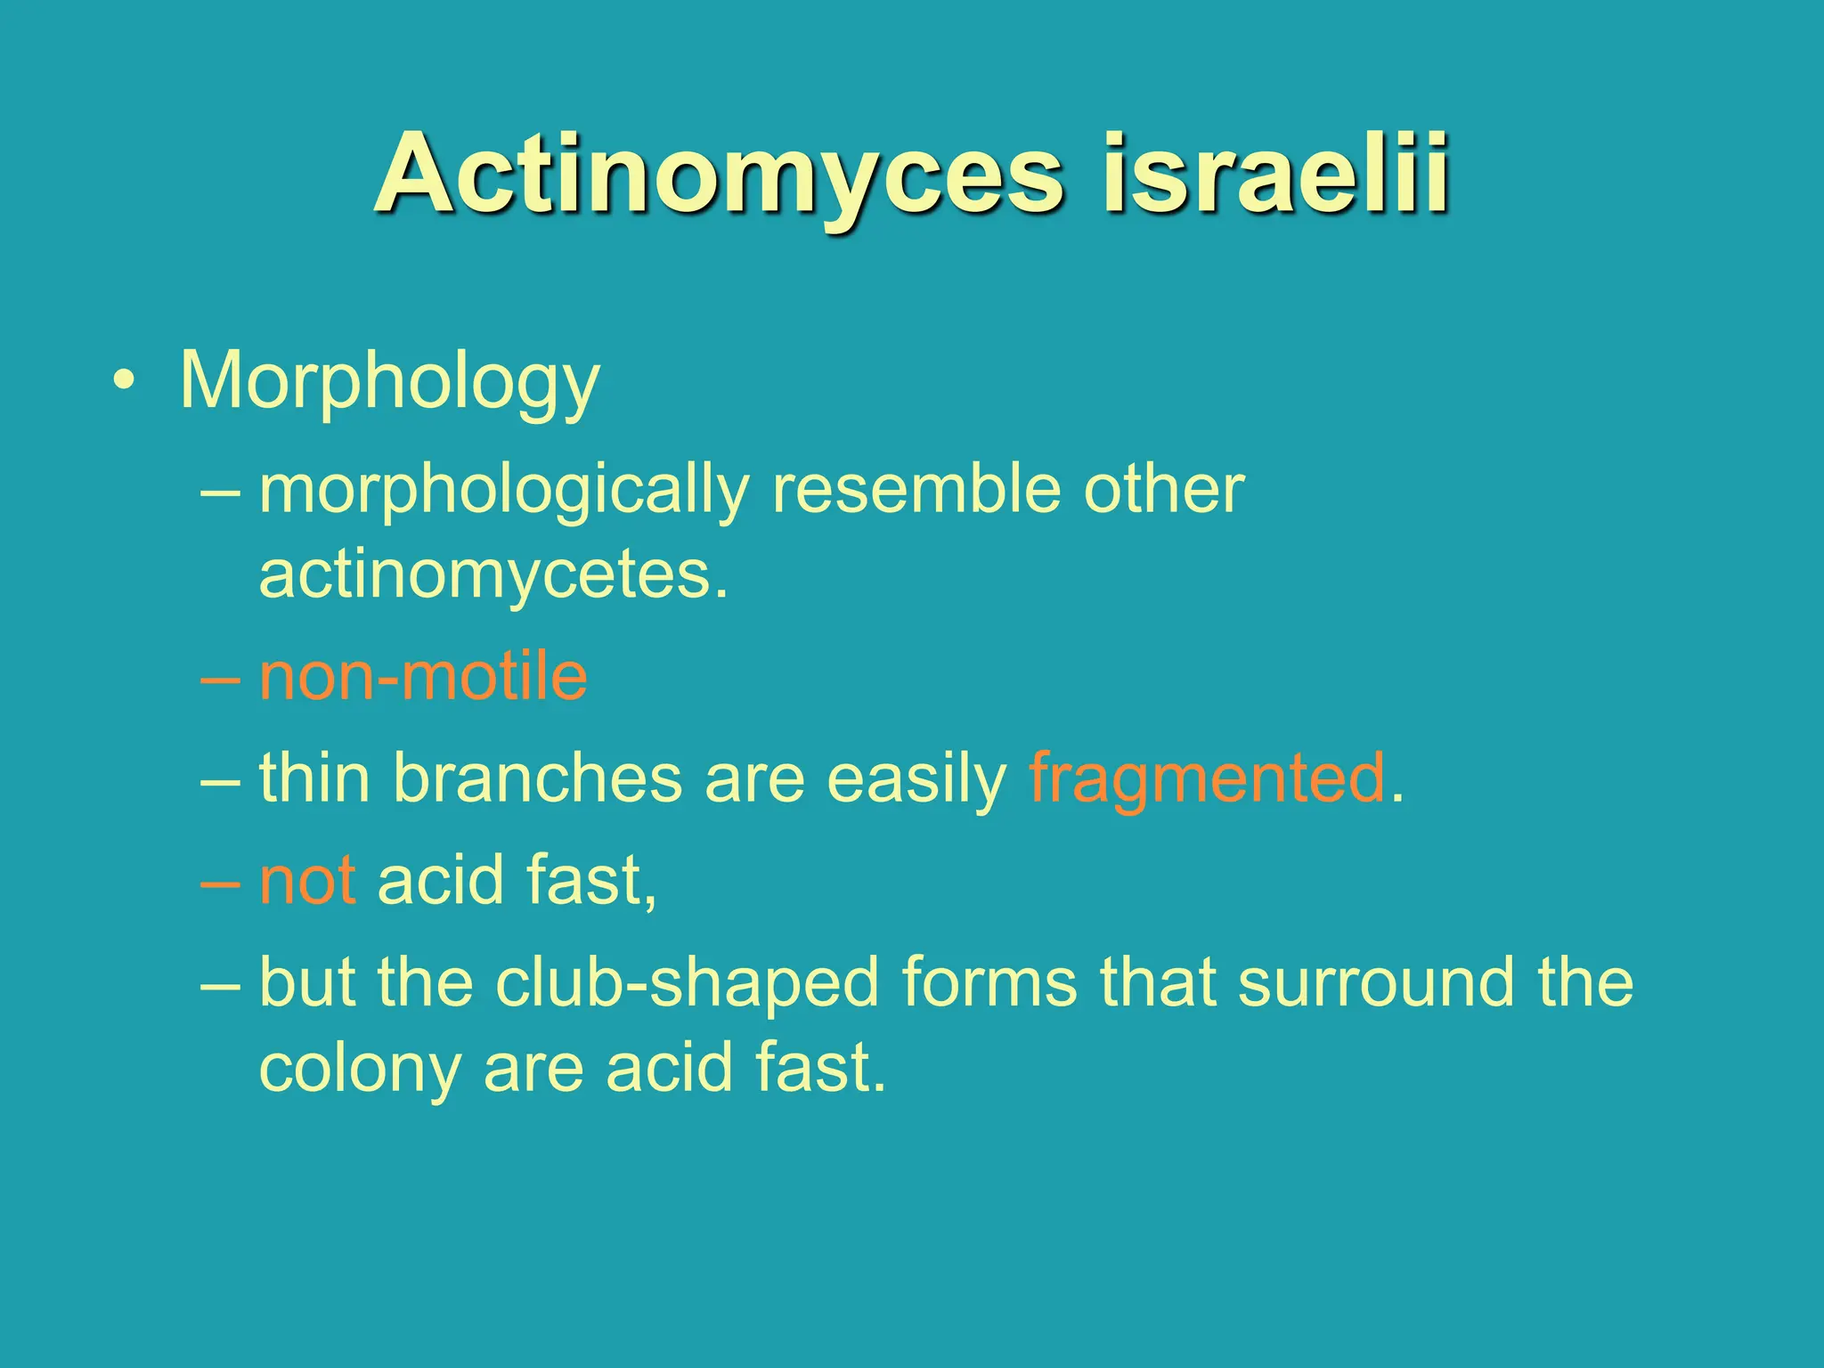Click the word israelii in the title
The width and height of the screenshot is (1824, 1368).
point(1275,175)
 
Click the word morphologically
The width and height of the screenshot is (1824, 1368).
point(504,492)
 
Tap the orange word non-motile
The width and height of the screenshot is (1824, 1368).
point(423,677)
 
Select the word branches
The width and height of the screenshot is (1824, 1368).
point(537,778)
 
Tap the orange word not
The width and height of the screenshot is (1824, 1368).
point(308,880)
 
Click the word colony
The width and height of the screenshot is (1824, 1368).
point(360,1069)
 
